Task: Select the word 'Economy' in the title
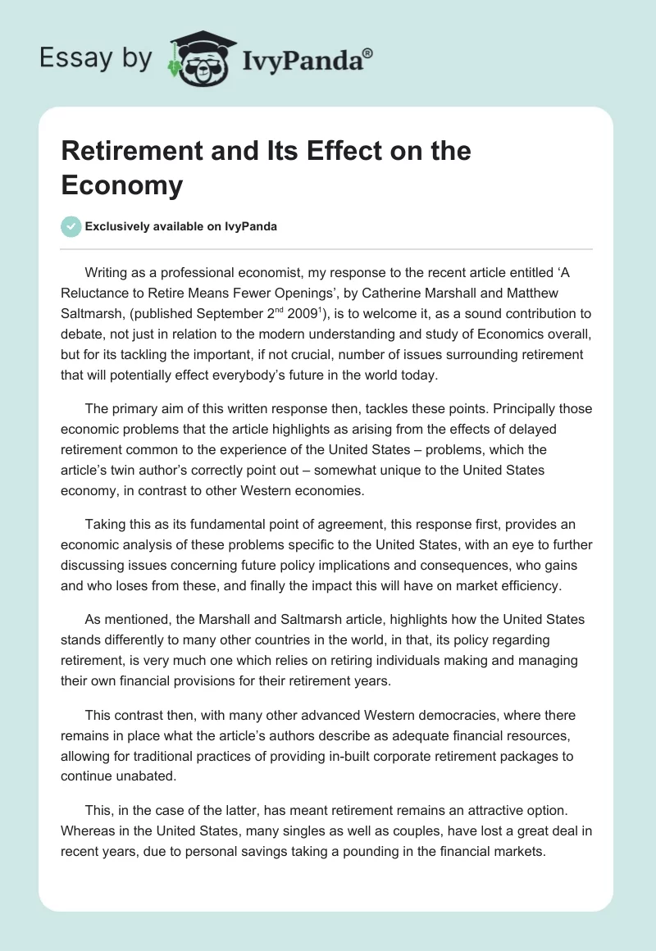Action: pos(121,185)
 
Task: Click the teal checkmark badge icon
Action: pos(71,226)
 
